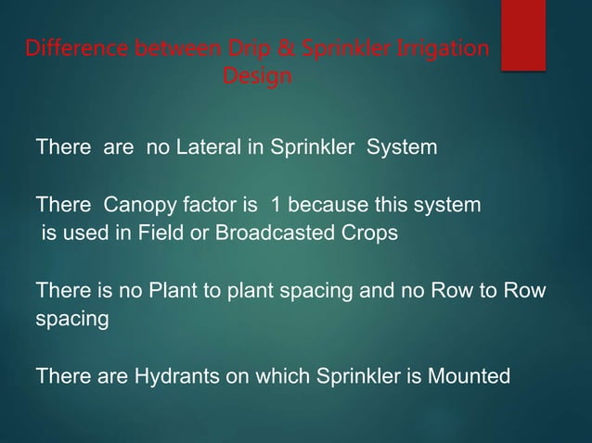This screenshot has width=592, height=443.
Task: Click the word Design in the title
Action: tap(257, 76)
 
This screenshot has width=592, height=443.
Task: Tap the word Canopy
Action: tap(137, 205)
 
